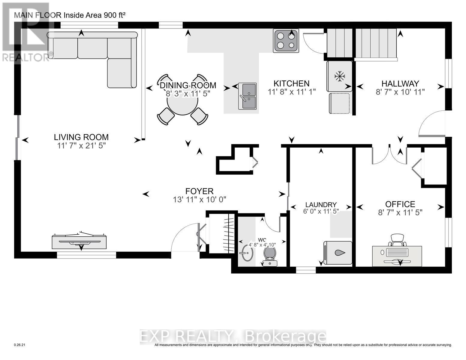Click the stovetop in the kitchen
pyautogui.click(x=286, y=41)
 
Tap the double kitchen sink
pyautogui.click(x=248, y=96)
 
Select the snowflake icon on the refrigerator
pyautogui.click(x=339, y=76)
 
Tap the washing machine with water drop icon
pyautogui.click(x=338, y=253)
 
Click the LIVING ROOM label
pyautogui.click(x=81, y=137)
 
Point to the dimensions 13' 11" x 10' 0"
pyautogui.click(x=199, y=199)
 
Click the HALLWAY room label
pyautogui.click(x=400, y=83)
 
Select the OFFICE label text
pyautogui.click(x=400, y=204)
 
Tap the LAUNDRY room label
pyautogui.click(x=321, y=205)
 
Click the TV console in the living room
pyautogui.click(x=79, y=241)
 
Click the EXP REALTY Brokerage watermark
pyautogui.click(x=233, y=337)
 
